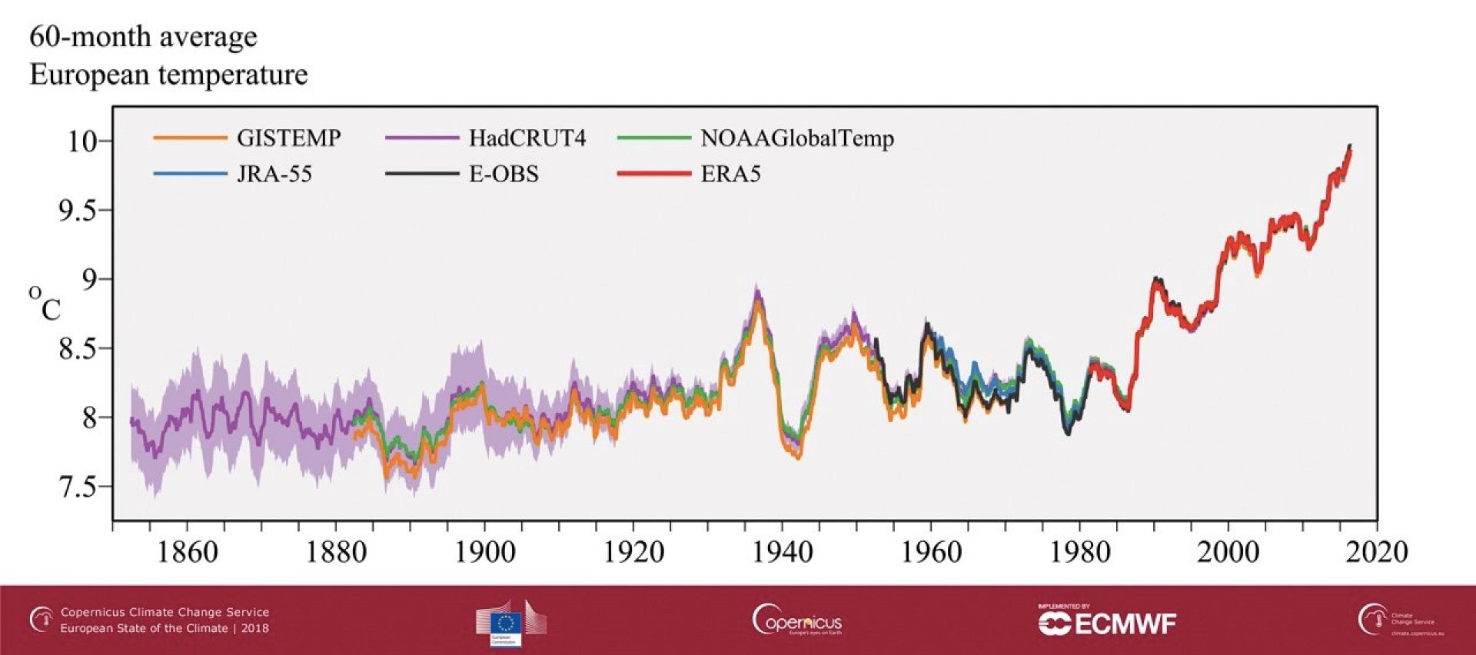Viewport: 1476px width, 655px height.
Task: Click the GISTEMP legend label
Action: [x=288, y=138]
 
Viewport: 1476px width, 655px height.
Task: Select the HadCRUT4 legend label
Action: [x=527, y=138]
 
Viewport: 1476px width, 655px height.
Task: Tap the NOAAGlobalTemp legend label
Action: [x=796, y=138]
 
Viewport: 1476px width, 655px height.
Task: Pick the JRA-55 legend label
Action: [x=274, y=174]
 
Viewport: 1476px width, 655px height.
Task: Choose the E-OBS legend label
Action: [x=504, y=174]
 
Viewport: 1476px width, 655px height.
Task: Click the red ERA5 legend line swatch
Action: [x=654, y=174]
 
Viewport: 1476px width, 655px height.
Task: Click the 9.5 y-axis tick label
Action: [x=80, y=211]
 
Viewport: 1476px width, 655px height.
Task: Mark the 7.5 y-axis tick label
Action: [x=80, y=487]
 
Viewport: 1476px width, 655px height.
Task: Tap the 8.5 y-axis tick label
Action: [x=80, y=349]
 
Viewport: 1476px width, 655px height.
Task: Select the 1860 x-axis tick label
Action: [x=187, y=552]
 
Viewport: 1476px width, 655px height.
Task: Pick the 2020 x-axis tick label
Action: [x=1376, y=552]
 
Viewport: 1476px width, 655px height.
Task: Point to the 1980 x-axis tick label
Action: [x=1079, y=552]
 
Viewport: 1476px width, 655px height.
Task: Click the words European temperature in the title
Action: [x=168, y=75]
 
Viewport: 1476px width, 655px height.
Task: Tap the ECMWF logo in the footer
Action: [x=1107, y=622]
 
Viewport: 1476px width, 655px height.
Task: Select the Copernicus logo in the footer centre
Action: [x=797, y=620]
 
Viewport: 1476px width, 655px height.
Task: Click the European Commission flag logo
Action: [x=507, y=623]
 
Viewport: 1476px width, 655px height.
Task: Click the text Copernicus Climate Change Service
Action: [x=165, y=612]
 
